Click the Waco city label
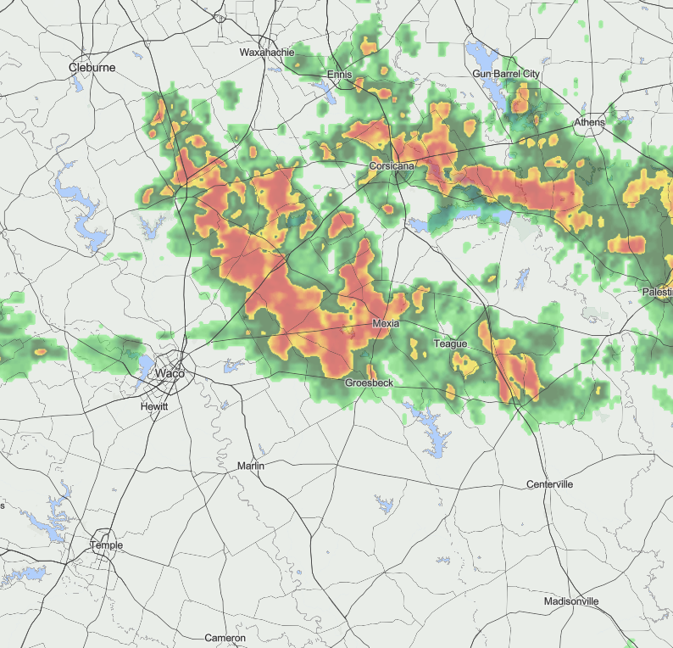click(x=170, y=373)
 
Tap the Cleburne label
click(x=92, y=67)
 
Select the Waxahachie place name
click(x=267, y=53)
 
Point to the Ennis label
click(x=339, y=75)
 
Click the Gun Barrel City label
click(x=506, y=75)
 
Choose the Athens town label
click(x=590, y=123)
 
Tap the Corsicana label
click(x=392, y=166)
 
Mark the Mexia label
click(x=386, y=325)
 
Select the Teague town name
click(x=450, y=344)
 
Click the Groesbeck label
click(x=369, y=383)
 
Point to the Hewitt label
click(x=154, y=407)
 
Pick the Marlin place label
click(x=251, y=466)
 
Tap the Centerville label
click(x=549, y=484)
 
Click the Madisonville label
click(x=571, y=601)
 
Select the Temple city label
click(x=108, y=545)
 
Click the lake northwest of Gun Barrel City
click(x=481, y=58)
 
